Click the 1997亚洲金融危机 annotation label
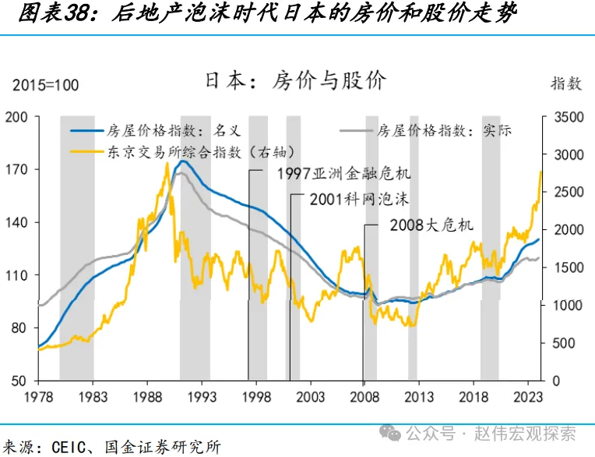[x=343, y=172]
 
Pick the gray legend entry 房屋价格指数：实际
[x=444, y=131]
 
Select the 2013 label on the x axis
[x=419, y=396]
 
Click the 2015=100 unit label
[x=45, y=85]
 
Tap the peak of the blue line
[x=182, y=161]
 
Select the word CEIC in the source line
[x=73, y=447]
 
